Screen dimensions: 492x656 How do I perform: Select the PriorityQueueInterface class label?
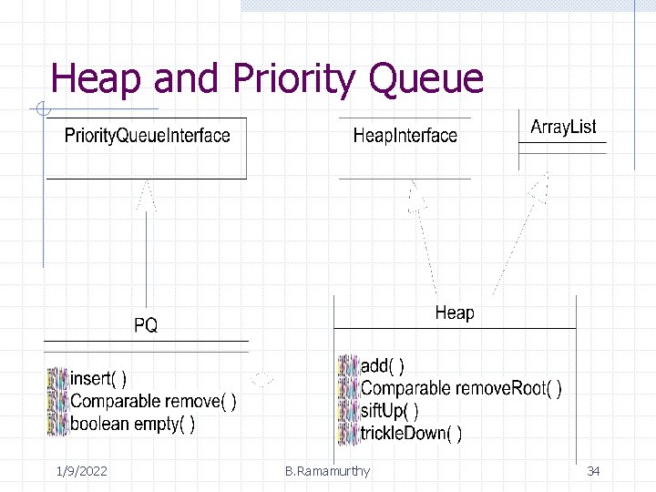coord(147,136)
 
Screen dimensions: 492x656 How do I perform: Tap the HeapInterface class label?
coord(405,136)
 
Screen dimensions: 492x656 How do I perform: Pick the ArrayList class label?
coord(563,127)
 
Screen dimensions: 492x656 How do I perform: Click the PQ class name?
coord(146,325)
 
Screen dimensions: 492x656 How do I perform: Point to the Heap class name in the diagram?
coord(454,313)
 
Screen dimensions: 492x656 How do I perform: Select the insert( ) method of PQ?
coord(98,378)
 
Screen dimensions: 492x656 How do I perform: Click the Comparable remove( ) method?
coord(153,401)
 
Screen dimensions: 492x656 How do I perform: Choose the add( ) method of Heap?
coord(383,365)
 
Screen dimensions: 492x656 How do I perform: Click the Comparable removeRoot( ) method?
coord(460,388)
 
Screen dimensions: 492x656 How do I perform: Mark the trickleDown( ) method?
coord(410,434)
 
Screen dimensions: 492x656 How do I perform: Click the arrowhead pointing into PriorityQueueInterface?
coord(146,194)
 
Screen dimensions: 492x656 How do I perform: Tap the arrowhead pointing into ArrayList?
coord(539,190)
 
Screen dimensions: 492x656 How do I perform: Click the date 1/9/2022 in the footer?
coord(81,471)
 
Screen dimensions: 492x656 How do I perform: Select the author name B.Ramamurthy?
coord(327,471)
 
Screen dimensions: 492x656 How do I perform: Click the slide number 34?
coord(593,471)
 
